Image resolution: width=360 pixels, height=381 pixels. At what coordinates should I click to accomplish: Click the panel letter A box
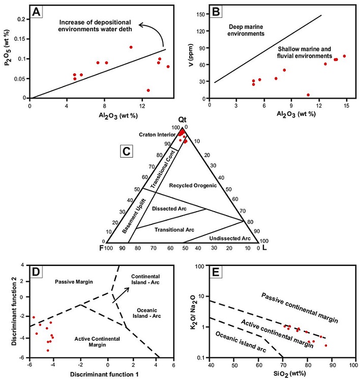[37, 11]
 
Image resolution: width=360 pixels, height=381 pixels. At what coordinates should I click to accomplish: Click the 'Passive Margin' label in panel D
[74, 281]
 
